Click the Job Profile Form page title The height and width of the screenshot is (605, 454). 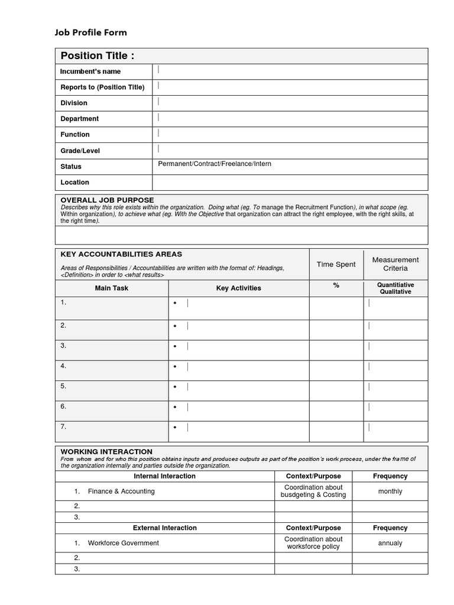pos(91,32)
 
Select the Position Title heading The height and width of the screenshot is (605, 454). pos(97,56)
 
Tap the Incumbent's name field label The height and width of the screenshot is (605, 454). pos(90,71)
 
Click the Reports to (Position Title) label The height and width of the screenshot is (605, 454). pos(102,87)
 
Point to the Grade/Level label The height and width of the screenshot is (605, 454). pos(80,151)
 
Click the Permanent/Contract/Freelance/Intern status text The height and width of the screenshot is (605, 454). pos(215,164)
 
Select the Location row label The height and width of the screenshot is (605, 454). pos(74,183)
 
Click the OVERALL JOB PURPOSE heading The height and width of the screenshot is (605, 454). pos(107,200)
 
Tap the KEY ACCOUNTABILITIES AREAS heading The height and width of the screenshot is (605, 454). pos(121,254)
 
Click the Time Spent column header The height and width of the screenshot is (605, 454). pos(336,264)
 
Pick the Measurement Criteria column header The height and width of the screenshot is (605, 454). pos(395,264)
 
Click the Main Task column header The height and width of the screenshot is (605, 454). pos(111,288)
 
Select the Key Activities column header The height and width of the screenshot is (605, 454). pos(238,288)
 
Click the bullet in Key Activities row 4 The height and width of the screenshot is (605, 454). pos(176,367)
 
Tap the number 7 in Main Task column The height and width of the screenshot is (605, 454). pos(63,426)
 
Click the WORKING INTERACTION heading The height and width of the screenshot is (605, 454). pos(106,451)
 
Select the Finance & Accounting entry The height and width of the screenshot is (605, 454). pos(121,491)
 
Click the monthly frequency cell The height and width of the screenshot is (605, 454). pos(390,491)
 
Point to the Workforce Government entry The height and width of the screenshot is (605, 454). pos(123,543)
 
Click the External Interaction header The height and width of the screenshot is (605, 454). pos(164,528)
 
